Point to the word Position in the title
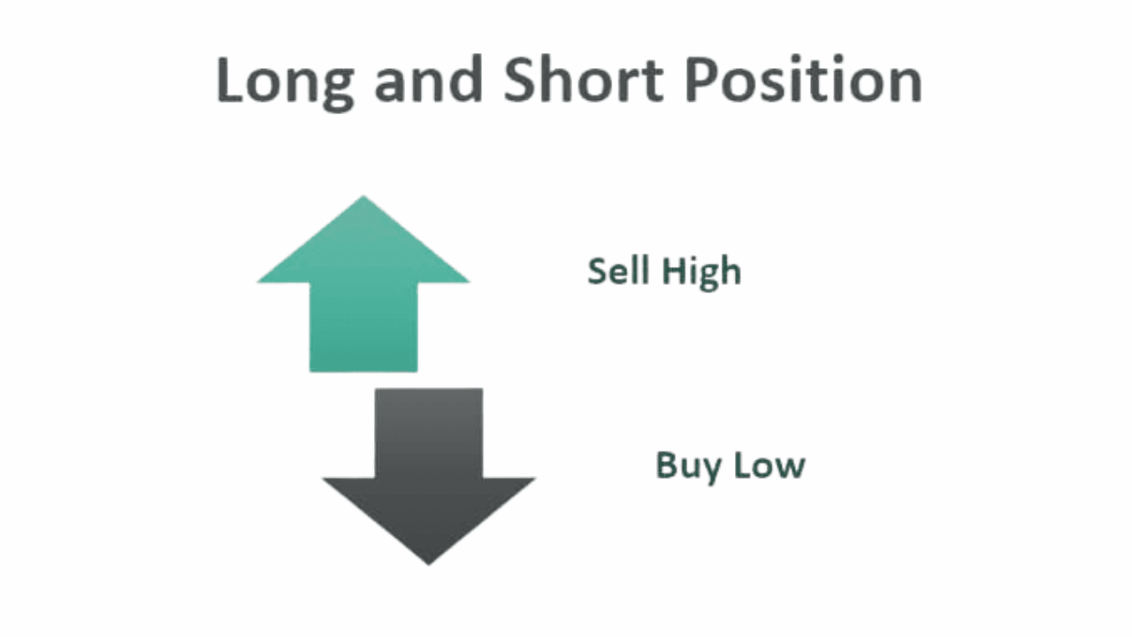coord(804,81)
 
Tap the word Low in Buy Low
coord(767,465)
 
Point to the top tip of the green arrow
coord(363,198)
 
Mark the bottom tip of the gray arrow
coord(429,563)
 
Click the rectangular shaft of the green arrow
coord(363,327)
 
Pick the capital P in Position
coord(704,81)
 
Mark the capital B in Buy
coord(665,464)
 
